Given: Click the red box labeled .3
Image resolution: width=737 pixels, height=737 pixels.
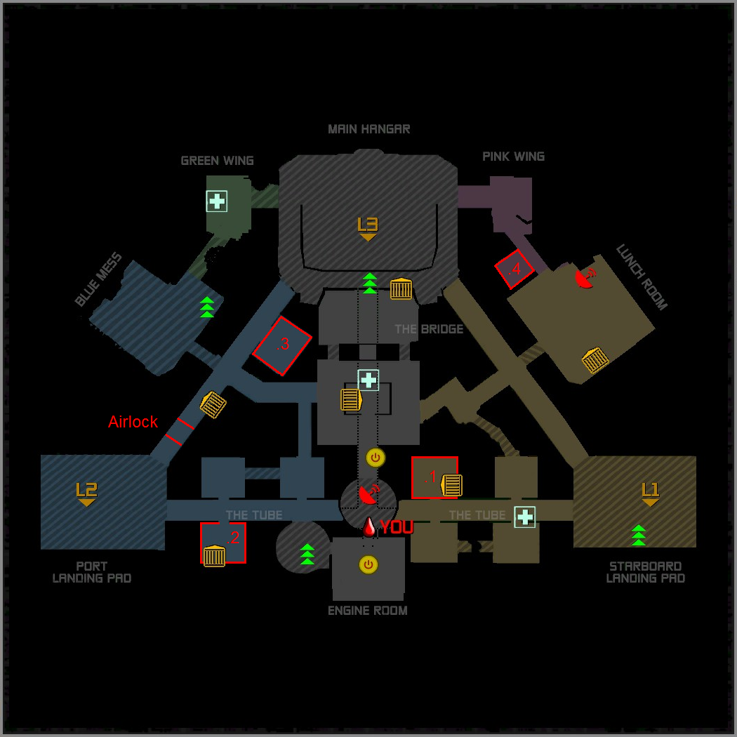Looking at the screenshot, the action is [x=281, y=345].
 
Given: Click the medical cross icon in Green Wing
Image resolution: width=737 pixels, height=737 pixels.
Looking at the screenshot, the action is [x=216, y=201].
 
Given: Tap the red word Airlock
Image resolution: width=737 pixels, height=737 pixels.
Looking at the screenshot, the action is [x=133, y=422].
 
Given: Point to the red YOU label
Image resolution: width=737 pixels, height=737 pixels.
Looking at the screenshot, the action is [x=397, y=528].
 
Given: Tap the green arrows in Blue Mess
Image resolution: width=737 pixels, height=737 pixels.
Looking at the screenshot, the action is [x=207, y=307].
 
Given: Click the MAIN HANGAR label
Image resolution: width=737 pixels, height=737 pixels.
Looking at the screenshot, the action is [x=368, y=129].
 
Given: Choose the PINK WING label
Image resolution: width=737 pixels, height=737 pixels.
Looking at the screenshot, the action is [x=513, y=156].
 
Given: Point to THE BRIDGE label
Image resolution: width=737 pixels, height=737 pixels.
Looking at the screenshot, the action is [x=428, y=329].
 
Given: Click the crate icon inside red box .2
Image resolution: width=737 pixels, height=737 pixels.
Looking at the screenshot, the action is [x=214, y=556].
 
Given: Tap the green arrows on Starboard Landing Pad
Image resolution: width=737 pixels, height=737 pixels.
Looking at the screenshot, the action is [x=638, y=535].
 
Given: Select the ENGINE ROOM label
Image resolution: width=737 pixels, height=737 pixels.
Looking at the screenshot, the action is [x=368, y=611].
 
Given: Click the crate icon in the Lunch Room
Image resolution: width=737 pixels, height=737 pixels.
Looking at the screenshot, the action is [x=595, y=360].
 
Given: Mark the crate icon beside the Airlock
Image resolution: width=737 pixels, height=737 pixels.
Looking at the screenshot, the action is [x=213, y=405].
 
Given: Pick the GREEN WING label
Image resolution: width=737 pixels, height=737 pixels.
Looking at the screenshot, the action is [x=217, y=161].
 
